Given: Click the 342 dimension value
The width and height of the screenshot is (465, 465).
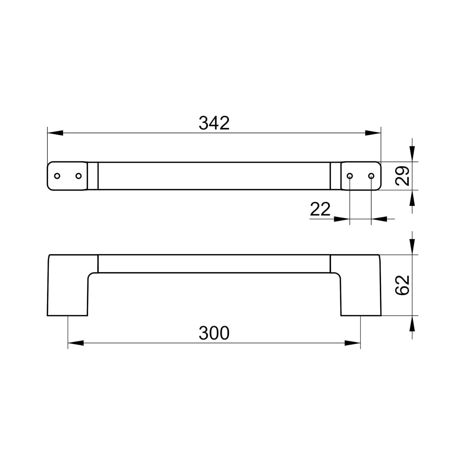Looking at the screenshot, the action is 214,123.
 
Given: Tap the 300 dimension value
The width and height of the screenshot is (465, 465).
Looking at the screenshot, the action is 214,333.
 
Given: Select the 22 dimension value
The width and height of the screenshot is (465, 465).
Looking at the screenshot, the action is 320,210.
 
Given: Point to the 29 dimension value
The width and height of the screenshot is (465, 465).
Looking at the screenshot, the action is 403,176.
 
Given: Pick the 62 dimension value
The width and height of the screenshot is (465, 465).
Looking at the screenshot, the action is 403,285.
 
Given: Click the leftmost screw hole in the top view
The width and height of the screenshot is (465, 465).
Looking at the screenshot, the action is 57,176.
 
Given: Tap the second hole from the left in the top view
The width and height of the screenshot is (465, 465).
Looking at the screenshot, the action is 78,176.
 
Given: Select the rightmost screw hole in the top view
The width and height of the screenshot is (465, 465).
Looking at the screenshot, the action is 371,176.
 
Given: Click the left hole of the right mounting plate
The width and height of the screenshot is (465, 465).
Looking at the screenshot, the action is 350,176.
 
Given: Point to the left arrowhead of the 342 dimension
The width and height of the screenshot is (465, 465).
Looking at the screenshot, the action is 55,133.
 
